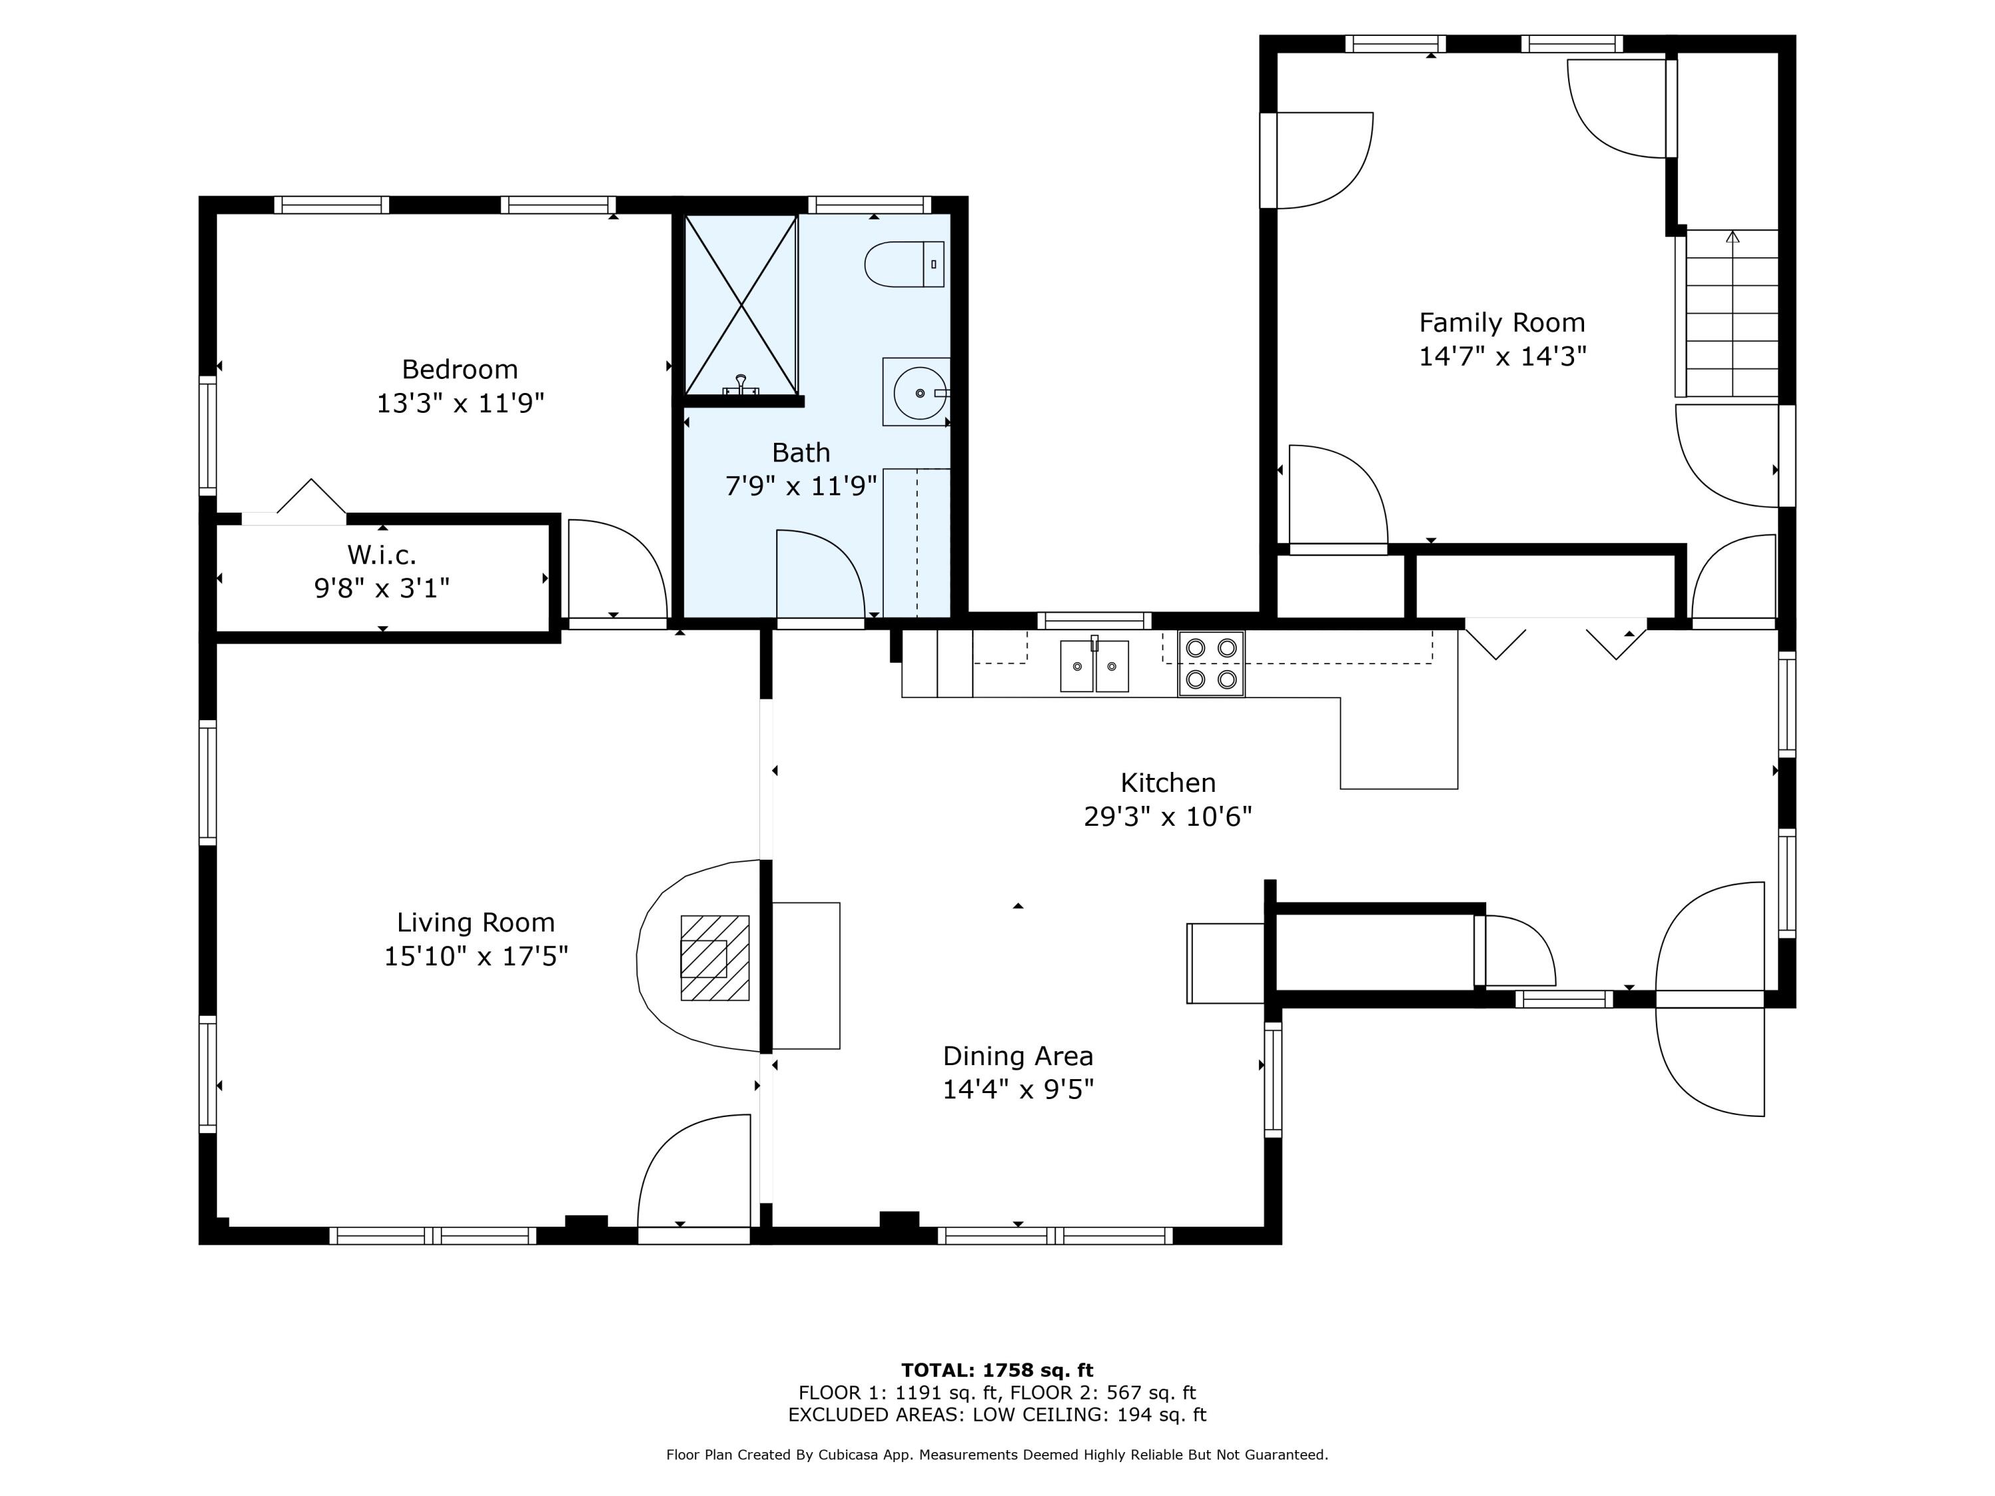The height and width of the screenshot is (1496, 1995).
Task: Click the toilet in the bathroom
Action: [904, 264]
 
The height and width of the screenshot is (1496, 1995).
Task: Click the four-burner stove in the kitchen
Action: [1211, 664]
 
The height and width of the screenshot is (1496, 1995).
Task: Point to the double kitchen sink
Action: [1094, 666]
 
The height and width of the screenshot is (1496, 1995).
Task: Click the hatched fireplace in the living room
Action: [714, 957]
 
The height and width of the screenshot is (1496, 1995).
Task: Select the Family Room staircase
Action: [1730, 314]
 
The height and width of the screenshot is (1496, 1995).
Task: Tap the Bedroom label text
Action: [460, 369]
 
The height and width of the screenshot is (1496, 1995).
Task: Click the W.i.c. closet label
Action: [382, 554]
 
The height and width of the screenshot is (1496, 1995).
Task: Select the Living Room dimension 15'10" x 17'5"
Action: [476, 956]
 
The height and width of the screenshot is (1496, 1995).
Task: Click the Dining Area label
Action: [1017, 1056]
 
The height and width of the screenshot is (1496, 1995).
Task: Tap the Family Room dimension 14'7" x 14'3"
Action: [1502, 356]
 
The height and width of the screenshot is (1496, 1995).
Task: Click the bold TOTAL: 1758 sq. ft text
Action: [997, 1370]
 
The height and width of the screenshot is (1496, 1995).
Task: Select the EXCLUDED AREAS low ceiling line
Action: [997, 1415]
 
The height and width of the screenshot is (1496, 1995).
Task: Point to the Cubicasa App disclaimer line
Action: [997, 1455]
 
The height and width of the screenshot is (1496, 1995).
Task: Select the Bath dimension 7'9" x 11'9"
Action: [801, 486]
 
